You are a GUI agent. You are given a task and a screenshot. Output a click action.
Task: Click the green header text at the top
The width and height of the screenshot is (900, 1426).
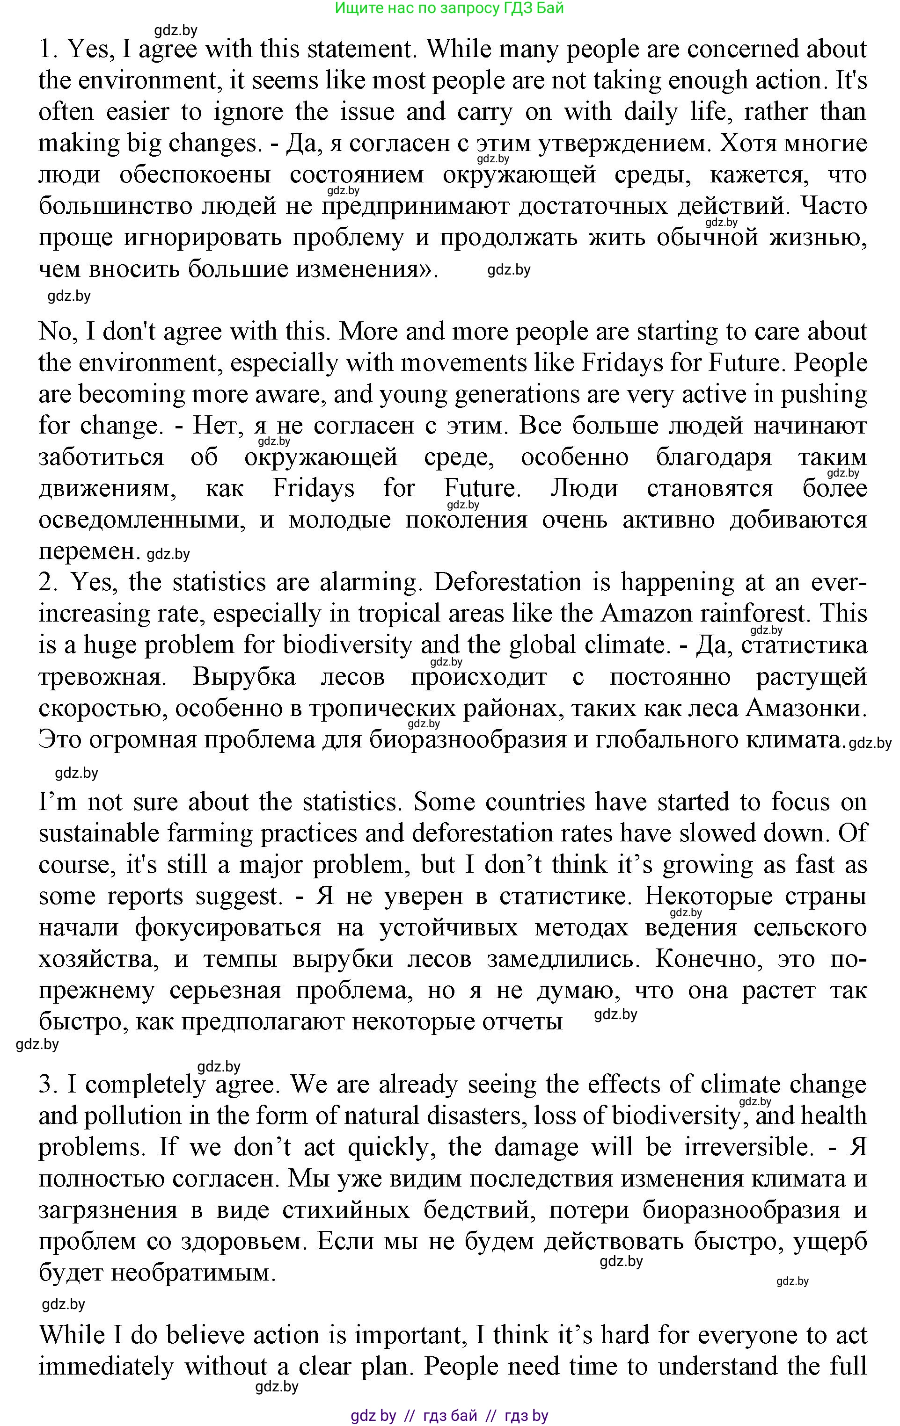tap(449, 8)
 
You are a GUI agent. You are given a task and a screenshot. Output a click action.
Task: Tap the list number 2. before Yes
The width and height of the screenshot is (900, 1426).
tap(49, 583)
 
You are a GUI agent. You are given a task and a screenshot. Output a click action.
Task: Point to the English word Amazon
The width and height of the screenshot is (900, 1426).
tap(646, 615)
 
